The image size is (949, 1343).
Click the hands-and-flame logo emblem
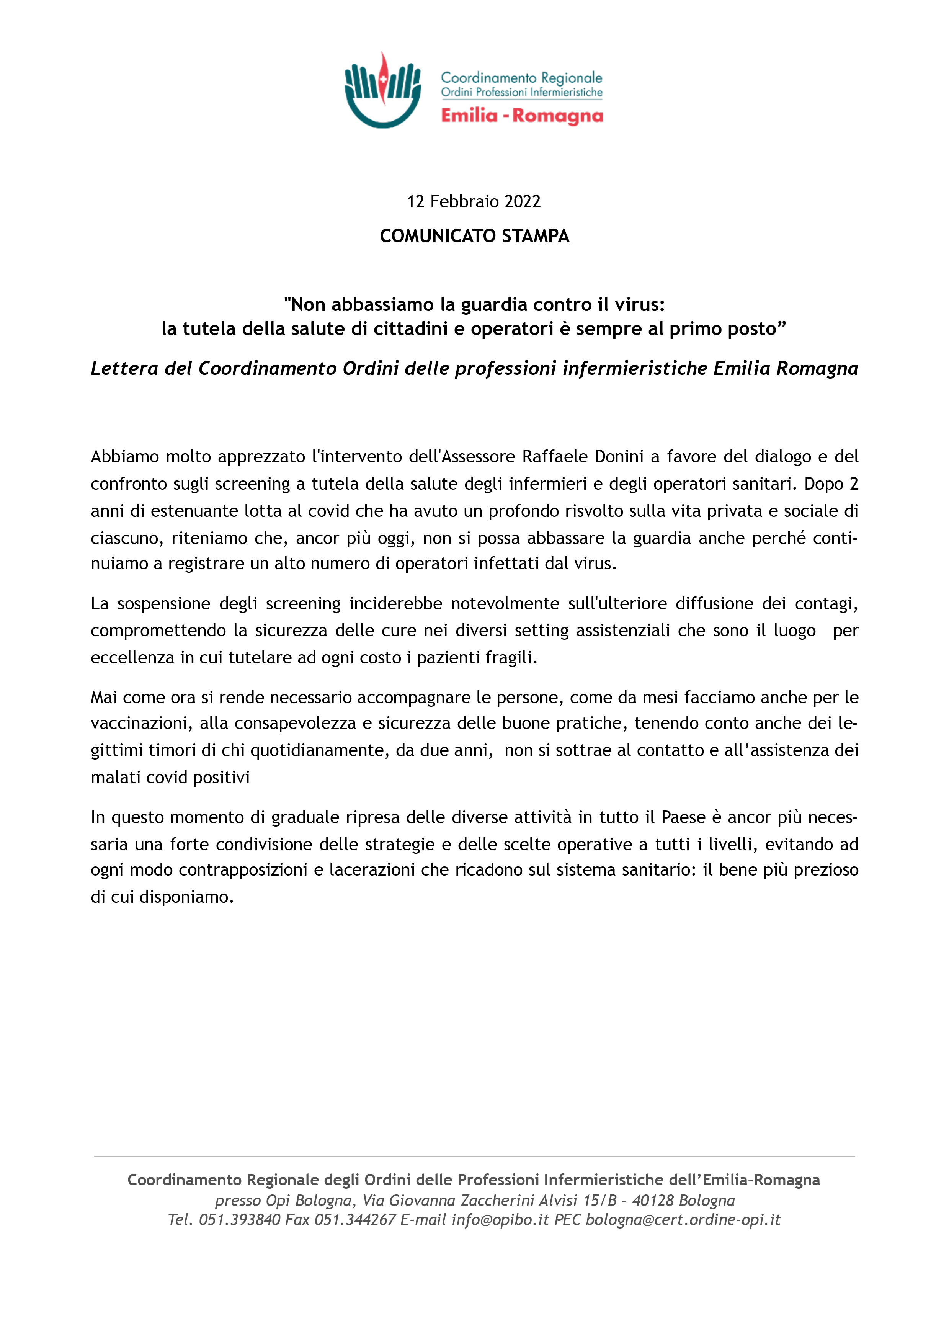pos(382,91)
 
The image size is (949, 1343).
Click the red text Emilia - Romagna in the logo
pos(521,116)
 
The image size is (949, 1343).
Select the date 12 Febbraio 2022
pos(474,202)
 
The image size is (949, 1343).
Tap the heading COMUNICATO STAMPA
pos(474,236)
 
